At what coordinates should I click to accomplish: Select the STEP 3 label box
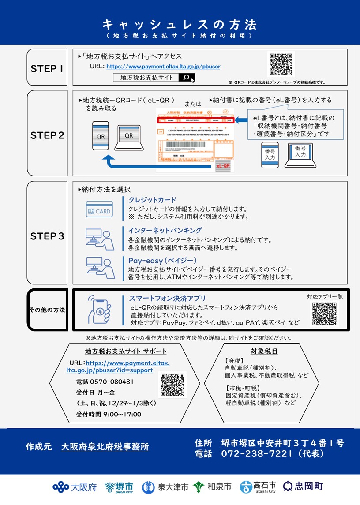pos(47,236)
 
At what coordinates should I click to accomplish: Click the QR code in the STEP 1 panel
pos(281,65)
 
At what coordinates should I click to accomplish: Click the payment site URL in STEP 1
pos(163,67)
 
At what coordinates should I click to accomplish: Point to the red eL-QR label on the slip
pos(223,166)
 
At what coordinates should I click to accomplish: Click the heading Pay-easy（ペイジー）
pos(162,260)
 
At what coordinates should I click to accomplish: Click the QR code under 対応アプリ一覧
pos(325,314)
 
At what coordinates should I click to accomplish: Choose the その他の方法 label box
pos(47,310)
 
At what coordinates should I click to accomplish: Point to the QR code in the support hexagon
pos(172,385)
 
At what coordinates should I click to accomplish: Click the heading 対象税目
pos(264,352)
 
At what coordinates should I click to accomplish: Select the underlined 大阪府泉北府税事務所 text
pos(105,447)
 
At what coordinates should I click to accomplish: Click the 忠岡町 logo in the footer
pos(303,486)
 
